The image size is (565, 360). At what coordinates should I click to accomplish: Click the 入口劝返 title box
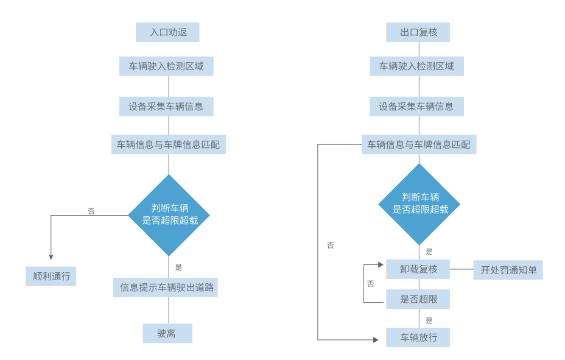(x=167, y=32)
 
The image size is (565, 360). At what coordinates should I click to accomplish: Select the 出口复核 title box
(x=418, y=32)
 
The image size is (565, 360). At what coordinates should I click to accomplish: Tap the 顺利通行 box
(x=51, y=276)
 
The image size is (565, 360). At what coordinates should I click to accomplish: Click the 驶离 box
(x=167, y=333)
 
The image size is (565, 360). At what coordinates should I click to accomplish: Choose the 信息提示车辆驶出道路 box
(x=166, y=288)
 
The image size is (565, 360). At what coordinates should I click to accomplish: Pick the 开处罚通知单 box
(x=508, y=270)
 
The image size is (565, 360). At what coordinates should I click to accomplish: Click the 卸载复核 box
(x=418, y=269)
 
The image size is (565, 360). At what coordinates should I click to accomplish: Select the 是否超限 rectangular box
(x=418, y=299)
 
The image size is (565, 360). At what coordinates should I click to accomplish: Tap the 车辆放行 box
(x=418, y=337)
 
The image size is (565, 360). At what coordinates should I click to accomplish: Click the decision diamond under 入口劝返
(x=169, y=215)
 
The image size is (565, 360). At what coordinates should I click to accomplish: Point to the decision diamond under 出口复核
(x=419, y=204)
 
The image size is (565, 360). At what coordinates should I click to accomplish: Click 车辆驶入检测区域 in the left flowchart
(x=166, y=66)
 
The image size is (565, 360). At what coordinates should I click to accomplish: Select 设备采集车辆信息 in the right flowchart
(x=416, y=107)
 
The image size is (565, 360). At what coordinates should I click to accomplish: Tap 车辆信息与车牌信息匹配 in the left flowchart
(x=168, y=144)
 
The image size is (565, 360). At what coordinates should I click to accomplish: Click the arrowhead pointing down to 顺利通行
(x=51, y=257)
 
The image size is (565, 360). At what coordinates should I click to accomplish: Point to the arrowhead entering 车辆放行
(x=376, y=340)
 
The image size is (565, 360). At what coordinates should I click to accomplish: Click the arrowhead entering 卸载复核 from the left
(x=381, y=265)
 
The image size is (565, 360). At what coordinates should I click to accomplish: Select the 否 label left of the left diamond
(x=91, y=211)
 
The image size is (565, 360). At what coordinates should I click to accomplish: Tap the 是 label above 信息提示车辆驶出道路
(x=178, y=267)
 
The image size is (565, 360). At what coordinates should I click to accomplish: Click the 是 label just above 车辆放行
(x=429, y=320)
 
